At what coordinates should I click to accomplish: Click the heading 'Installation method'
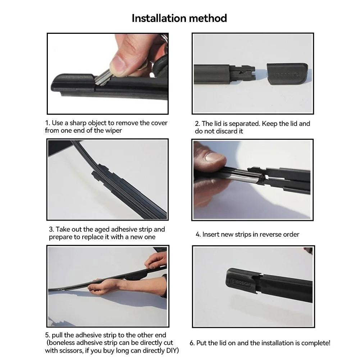[x=179, y=18]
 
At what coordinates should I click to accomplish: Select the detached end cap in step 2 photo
[x=287, y=73]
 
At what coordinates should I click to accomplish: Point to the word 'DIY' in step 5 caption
[x=173, y=351]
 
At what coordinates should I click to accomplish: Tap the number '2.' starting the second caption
[x=197, y=124]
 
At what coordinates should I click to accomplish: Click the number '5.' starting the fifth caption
[x=48, y=335]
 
